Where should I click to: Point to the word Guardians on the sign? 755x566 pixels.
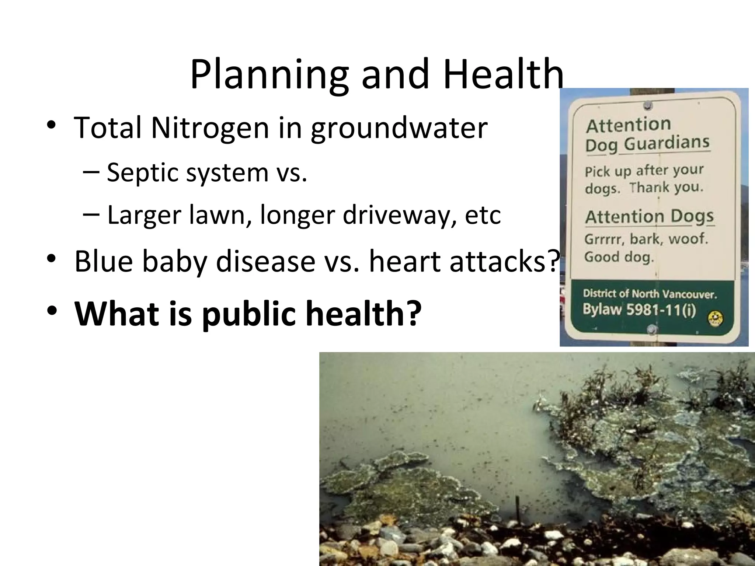[x=667, y=143]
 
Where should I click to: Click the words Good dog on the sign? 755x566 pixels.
[x=619, y=256]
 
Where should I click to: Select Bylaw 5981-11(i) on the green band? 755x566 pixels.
[x=639, y=310]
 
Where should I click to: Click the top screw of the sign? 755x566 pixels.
[x=648, y=106]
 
